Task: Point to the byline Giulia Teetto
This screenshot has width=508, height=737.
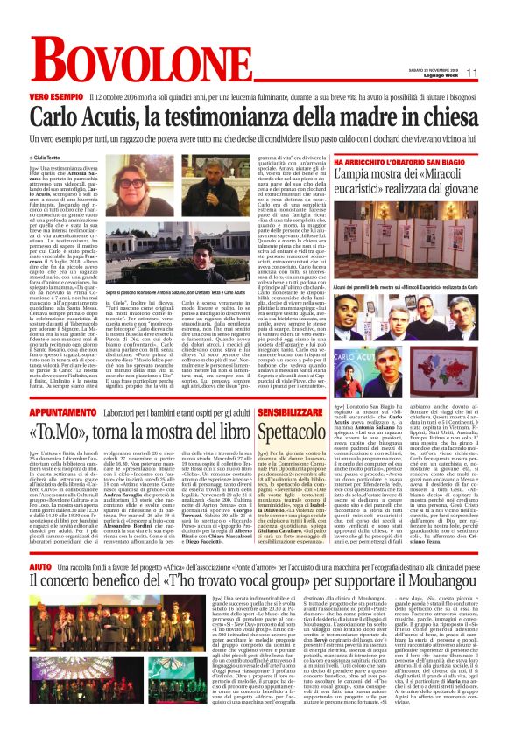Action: [x=57, y=158]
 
